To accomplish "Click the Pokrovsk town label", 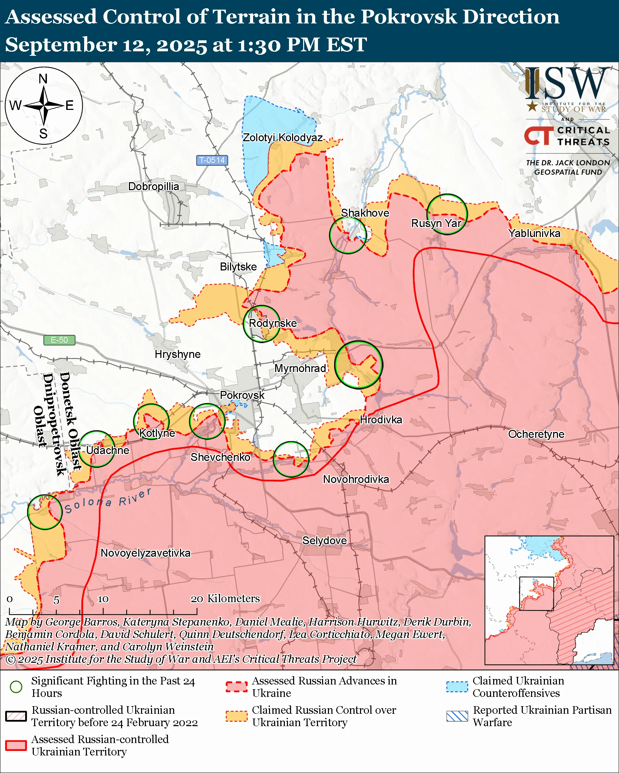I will (x=242, y=395).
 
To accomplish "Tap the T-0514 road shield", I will (x=212, y=160).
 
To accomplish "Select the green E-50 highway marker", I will (x=59, y=340).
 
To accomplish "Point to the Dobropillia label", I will (x=153, y=186).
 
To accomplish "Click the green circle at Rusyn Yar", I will (x=447, y=214).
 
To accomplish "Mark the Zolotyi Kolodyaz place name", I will (x=282, y=137).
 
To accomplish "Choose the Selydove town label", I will (x=325, y=540).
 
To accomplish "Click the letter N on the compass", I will (x=43, y=79).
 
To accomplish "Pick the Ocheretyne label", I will (x=536, y=434).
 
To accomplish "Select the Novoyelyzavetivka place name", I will (x=145, y=553).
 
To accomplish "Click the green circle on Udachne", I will (x=97, y=449).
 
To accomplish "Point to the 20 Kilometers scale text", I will (x=225, y=598).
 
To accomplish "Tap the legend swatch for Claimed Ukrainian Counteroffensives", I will (x=457, y=687).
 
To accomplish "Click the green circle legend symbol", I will (x=16, y=687).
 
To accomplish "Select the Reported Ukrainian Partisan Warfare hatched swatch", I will (x=457, y=716).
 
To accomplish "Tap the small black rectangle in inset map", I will (x=537, y=594).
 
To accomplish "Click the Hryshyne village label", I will (x=178, y=354).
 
